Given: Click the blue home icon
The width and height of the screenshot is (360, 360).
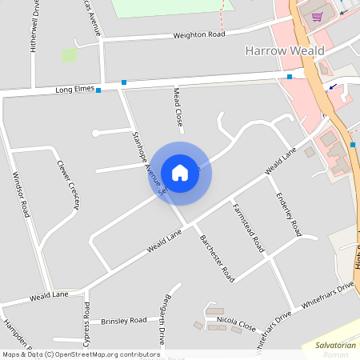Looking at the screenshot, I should pos(180,173).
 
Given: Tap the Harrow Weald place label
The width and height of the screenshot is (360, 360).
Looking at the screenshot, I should pos(284,51).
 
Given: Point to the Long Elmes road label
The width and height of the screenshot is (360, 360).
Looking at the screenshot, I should pos(75,90).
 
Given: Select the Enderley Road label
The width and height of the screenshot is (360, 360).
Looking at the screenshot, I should pos(288,214).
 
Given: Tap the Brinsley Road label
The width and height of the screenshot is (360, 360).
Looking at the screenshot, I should pos(124,321).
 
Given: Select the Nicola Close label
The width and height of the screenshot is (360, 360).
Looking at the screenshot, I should pos(236,327).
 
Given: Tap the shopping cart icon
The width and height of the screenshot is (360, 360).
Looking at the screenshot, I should pos(317,16).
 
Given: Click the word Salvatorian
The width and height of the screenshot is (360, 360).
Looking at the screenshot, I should pos(329,344).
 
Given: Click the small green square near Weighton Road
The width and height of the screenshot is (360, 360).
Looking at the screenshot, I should pos(70,55).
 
